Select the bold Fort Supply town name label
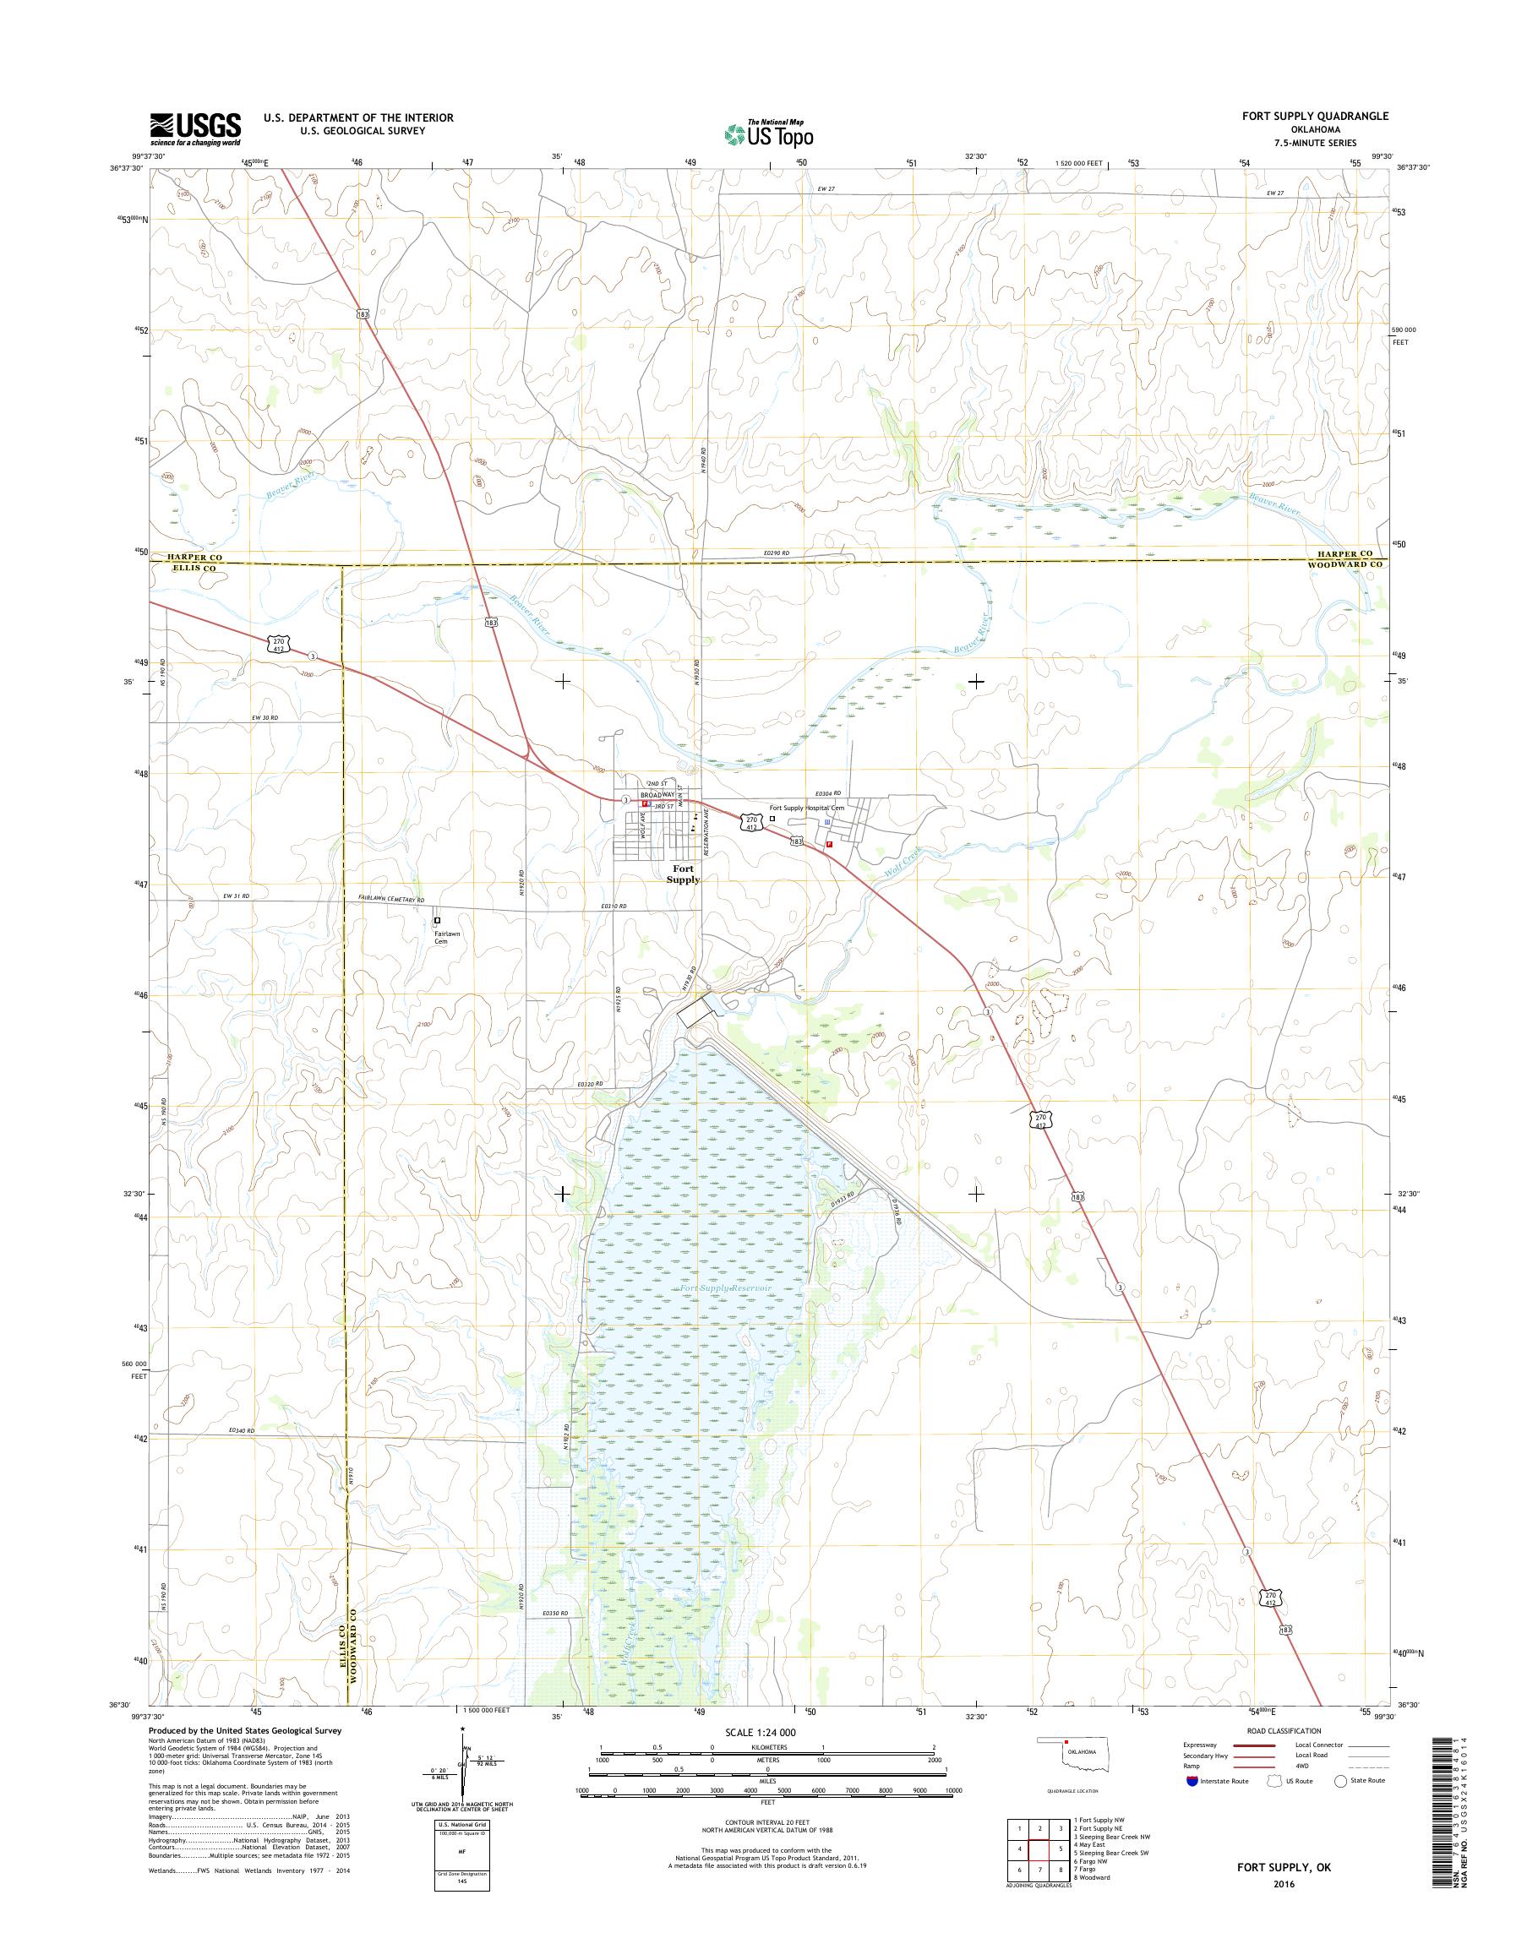tap(684, 874)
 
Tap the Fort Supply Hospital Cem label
tap(808, 808)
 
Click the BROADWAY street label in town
tap(657, 796)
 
